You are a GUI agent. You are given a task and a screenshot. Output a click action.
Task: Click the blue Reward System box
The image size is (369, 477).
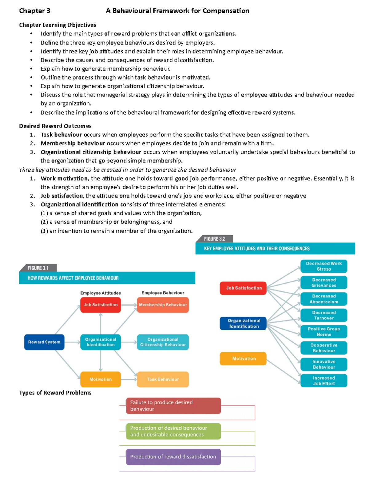(44, 342)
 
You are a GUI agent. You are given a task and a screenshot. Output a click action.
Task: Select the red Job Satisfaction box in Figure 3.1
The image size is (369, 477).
(101, 305)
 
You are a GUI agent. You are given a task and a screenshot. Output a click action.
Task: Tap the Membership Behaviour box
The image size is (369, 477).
(163, 305)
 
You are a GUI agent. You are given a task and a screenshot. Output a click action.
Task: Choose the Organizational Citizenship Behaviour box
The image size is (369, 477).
(163, 342)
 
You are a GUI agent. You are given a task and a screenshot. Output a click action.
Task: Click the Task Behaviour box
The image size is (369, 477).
(163, 379)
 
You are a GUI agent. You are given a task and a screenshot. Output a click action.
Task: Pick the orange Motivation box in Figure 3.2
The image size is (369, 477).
(243, 358)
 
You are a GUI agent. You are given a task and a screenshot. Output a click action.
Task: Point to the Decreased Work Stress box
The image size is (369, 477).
(324, 266)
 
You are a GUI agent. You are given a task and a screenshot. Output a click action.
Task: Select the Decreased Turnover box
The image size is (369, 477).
(324, 315)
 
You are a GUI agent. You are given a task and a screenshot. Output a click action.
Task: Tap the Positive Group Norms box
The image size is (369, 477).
(324, 331)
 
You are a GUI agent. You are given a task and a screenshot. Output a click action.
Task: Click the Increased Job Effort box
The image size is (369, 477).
(324, 381)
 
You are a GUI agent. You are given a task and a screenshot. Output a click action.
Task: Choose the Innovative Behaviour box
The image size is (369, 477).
(324, 364)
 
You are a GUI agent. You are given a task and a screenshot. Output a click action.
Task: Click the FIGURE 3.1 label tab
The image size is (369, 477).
(38, 268)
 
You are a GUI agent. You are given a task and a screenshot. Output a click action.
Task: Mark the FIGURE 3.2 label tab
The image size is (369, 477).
(215, 239)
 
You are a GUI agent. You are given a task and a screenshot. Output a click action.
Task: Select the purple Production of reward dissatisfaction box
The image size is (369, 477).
(173, 457)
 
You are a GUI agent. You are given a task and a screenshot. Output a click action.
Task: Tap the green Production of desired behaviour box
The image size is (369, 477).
(173, 431)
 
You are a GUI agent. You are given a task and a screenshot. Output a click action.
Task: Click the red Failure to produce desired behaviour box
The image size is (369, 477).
(173, 406)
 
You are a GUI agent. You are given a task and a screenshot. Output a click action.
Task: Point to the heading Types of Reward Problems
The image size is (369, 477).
(55, 393)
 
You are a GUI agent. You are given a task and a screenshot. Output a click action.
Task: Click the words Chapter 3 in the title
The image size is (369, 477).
(34, 11)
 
